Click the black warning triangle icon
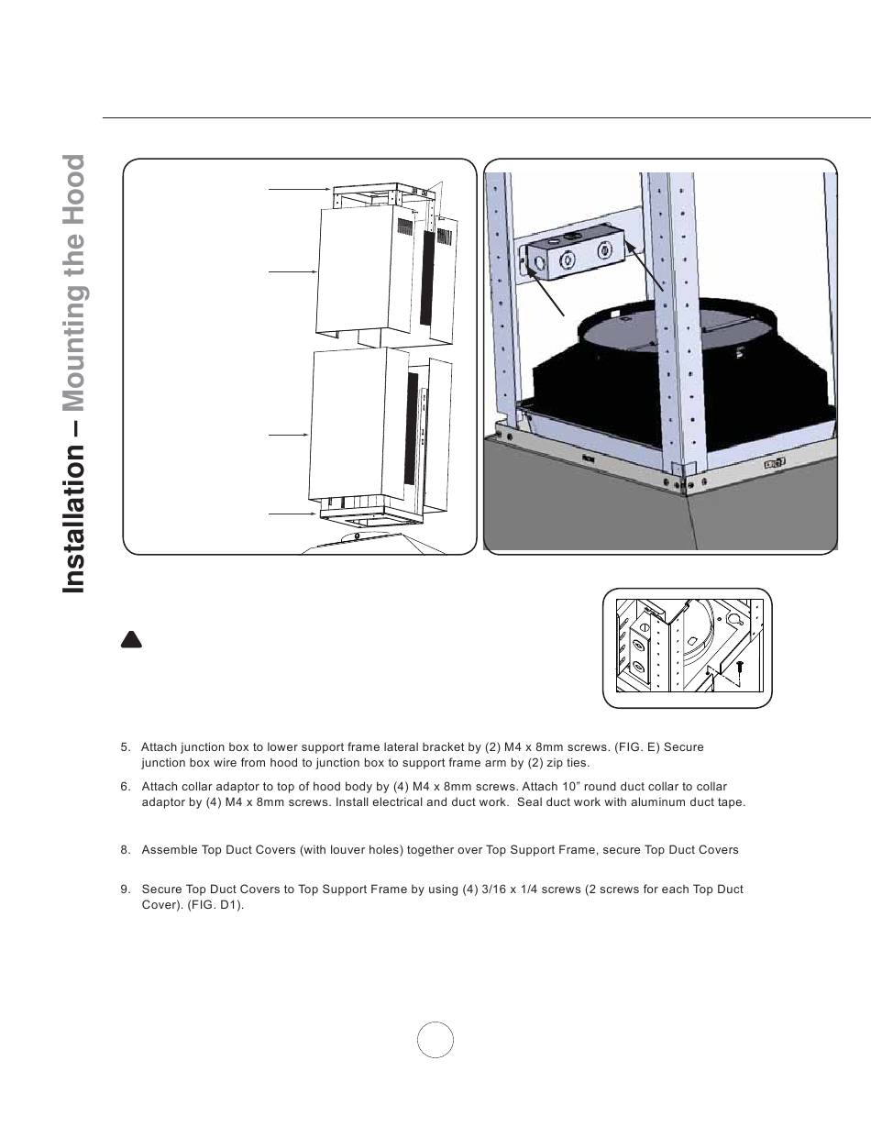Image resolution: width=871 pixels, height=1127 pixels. click(x=131, y=640)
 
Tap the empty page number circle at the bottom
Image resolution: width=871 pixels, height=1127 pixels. click(x=435, y=1039)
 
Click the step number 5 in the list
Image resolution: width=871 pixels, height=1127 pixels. click(x=125, y=747)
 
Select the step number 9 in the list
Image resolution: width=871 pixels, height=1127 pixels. click(x=125, y=889)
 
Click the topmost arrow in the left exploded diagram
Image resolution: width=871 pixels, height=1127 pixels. click(x=299, y=189)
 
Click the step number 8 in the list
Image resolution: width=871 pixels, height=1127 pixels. click(x=125, y=850)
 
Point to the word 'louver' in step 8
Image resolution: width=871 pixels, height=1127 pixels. click(x=357, y=850)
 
